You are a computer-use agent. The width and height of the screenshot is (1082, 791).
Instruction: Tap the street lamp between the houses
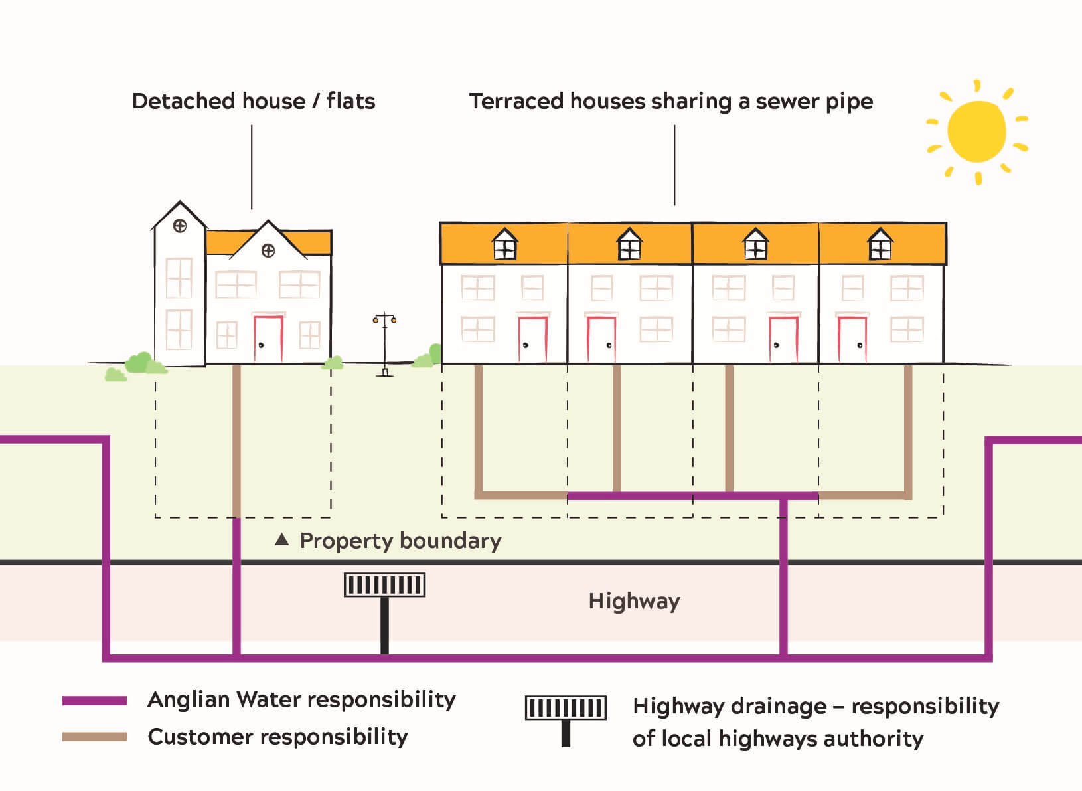[x=384, y=345]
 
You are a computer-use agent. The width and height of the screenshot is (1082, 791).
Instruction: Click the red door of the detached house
[x=268, y=339]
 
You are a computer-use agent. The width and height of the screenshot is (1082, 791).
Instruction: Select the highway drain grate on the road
[x=384, y=585]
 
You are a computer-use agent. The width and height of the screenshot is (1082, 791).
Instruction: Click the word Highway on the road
[x=634, y=602]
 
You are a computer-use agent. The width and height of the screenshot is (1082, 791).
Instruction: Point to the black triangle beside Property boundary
[x=282, y=540]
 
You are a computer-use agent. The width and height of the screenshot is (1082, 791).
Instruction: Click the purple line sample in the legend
[x=94, y=701]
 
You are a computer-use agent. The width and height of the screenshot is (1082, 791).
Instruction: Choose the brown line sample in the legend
[x=94, y=737]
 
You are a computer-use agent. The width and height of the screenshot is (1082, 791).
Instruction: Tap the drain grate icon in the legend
[x=566, y=708]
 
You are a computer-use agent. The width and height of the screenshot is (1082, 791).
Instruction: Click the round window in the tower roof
[x=179, y=226]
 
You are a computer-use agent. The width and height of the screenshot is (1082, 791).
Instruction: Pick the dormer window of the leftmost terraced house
[x=504, y=246]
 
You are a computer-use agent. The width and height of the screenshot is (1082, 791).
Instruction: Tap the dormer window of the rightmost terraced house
[x=880, y=246]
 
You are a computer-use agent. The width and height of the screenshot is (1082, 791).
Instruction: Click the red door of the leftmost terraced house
[x=532, y=339]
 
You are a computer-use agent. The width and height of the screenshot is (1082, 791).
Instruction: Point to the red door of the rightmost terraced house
[x=852, y=339]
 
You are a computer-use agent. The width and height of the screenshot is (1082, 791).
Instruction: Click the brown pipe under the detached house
[x=236, y=438]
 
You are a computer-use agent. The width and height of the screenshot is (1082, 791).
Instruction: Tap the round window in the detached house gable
[x=268, y=250]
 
